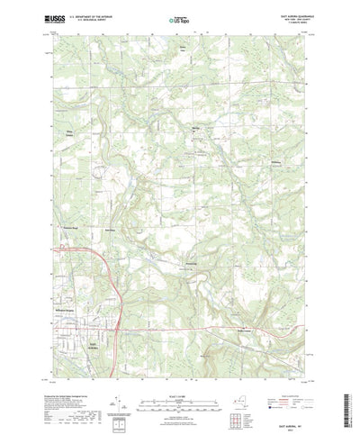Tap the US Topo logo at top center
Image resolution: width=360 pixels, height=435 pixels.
(178, 19)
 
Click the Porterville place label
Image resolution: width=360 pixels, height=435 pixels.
(190, 264)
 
